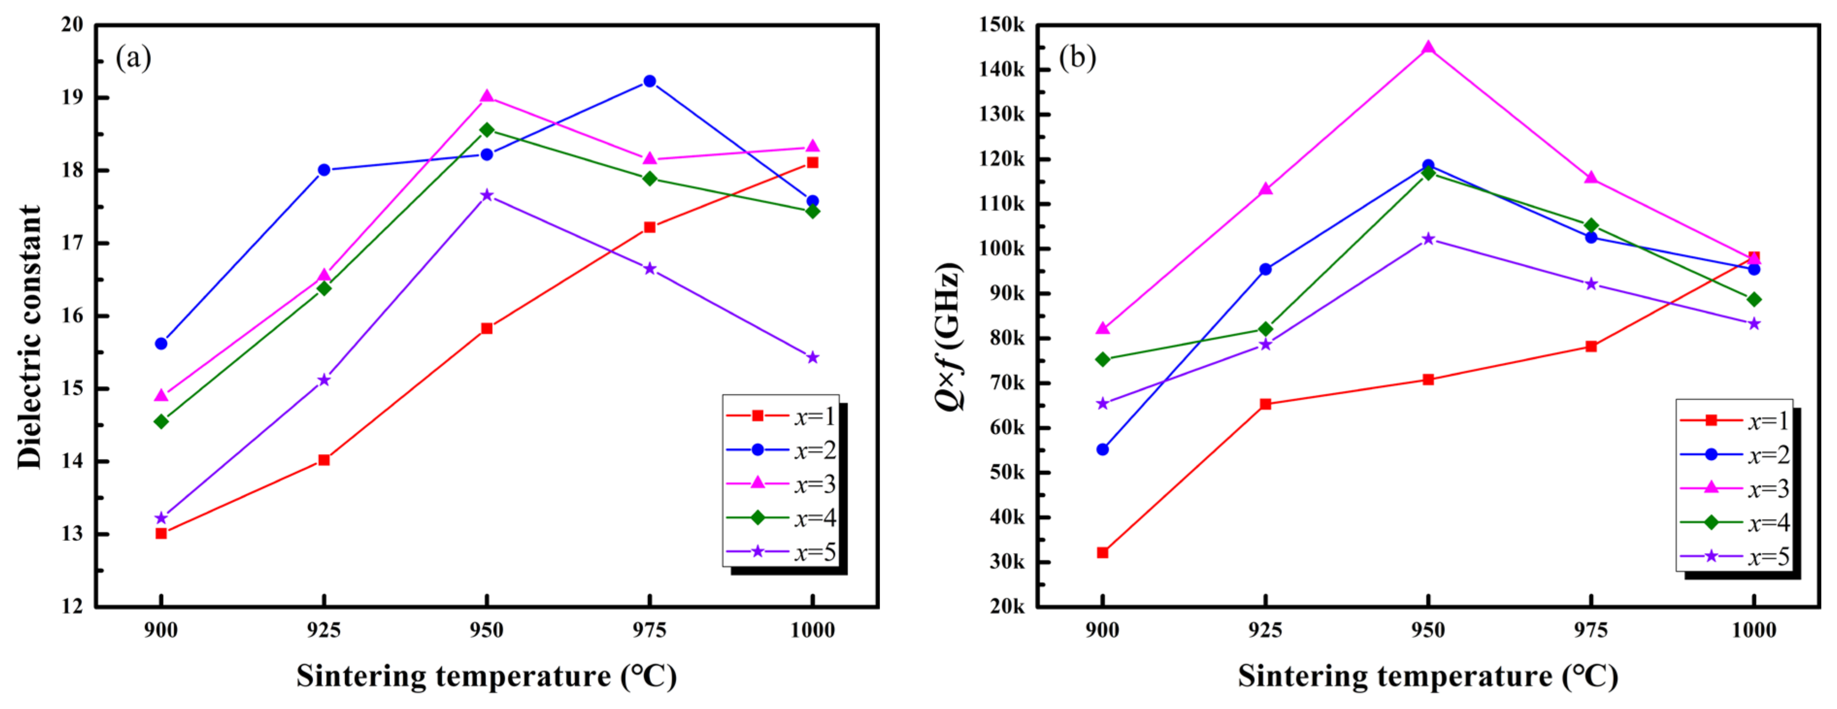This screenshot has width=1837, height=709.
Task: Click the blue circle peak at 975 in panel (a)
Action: tap(649, 81)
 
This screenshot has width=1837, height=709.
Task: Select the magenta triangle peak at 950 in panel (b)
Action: tap(1428, 48)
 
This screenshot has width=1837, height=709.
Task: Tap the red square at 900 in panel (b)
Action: tap(1102, 553)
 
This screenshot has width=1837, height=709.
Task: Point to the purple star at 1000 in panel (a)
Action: tap(812, 357)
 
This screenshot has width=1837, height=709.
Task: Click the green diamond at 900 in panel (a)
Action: tap(161, 422)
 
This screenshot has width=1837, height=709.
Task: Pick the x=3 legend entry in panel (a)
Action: tap(781, 484)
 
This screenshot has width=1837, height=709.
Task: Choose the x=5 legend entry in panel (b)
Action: tap(1734, 557)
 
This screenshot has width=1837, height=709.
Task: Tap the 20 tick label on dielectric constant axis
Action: tap(72, 25)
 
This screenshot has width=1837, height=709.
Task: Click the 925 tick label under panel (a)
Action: tap(324, 630)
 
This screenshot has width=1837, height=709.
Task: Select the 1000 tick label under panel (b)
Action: tap(1753, 630)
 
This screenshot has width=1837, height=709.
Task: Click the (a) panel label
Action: tap(134, 57)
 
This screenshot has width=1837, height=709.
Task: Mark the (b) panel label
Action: tap(1077, 57)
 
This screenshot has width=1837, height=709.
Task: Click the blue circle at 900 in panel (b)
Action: tap(1102, 449)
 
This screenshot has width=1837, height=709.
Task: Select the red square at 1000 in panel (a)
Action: tap(812, 163)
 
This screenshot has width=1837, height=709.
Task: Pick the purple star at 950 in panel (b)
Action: tap(1428, 239)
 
